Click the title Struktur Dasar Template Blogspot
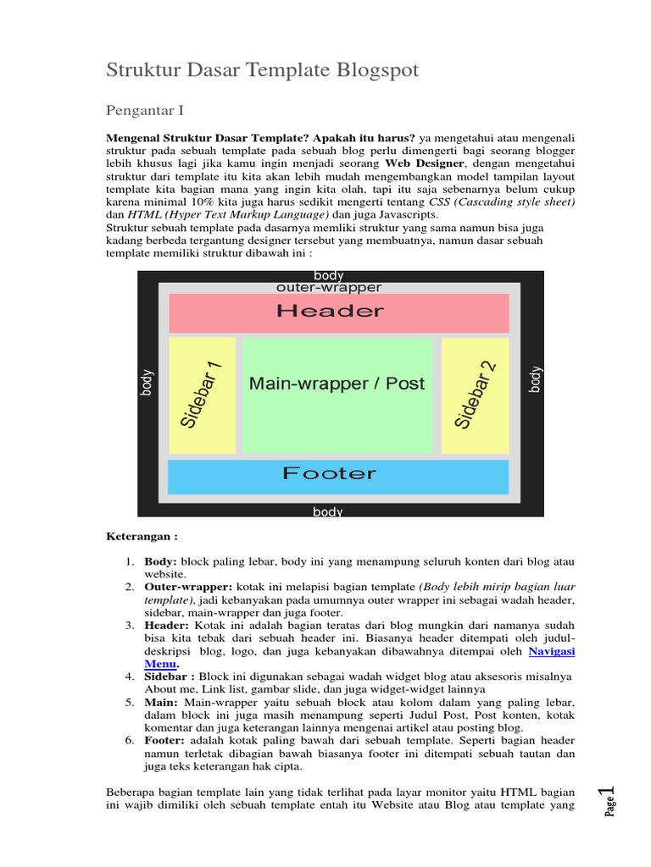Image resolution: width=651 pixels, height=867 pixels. pos(263,70)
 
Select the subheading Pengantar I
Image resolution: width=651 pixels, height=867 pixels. pos(145,110)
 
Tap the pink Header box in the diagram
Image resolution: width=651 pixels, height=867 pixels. pos(338,312)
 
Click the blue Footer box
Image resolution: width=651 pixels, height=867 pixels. pos(338,475)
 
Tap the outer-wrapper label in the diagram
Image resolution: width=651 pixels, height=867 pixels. pos(329,288)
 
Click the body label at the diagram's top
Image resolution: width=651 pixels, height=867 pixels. pos(329,276)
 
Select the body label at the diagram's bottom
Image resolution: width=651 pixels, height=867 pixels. pos(329,511)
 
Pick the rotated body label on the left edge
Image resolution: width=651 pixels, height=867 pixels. pos(148,383)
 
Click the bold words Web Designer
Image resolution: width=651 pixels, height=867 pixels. pos(424,163)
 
